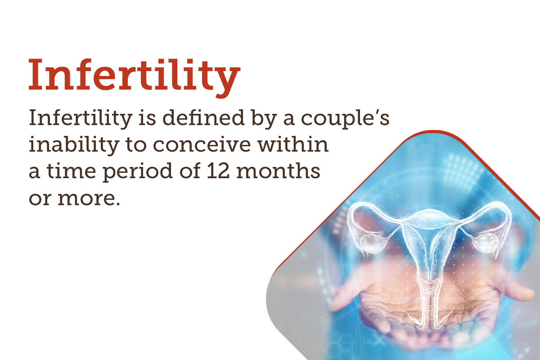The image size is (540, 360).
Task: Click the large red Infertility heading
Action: click(134, 75)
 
